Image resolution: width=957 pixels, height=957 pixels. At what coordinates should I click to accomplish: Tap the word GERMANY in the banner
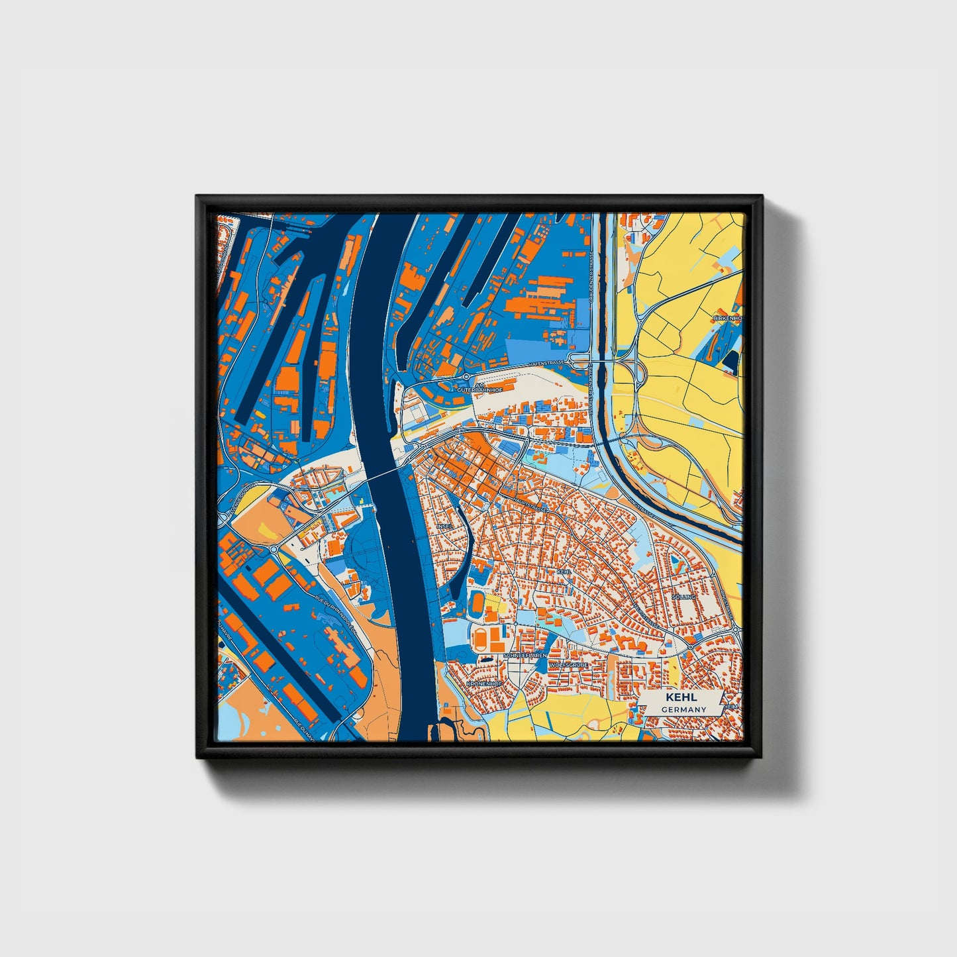[683, 709]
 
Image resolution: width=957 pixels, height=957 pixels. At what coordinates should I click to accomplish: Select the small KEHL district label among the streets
[564, 571]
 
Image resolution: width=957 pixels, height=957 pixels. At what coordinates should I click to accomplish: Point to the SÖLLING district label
[683, 597]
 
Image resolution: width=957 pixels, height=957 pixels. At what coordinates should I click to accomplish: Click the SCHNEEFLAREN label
[525, 655]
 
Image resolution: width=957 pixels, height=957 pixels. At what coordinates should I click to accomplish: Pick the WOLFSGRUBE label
[568, 663]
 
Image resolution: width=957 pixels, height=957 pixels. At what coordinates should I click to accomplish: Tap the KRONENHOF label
[484, 683]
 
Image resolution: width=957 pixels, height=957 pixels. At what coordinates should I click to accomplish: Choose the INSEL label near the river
[443, 527]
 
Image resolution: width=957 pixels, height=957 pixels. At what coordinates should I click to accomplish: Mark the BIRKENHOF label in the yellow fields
[727, 319]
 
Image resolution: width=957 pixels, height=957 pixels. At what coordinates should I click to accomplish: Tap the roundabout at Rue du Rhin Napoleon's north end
[273, 550]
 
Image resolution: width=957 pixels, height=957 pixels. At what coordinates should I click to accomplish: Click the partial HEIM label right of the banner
[730, 707]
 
